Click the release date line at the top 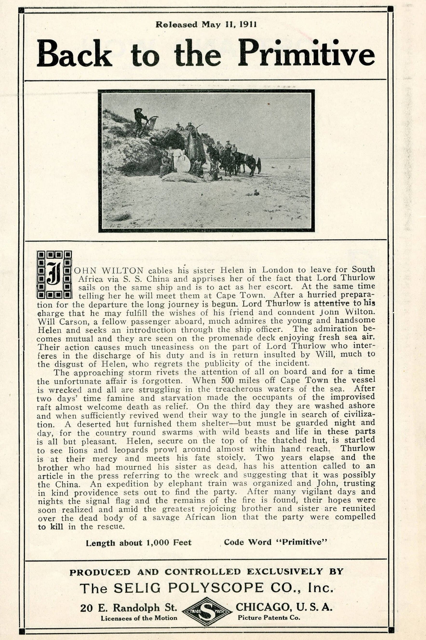[x=206, y=25]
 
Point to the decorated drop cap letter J [x=54, y=274]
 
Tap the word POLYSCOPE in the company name [x=216, y=588]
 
